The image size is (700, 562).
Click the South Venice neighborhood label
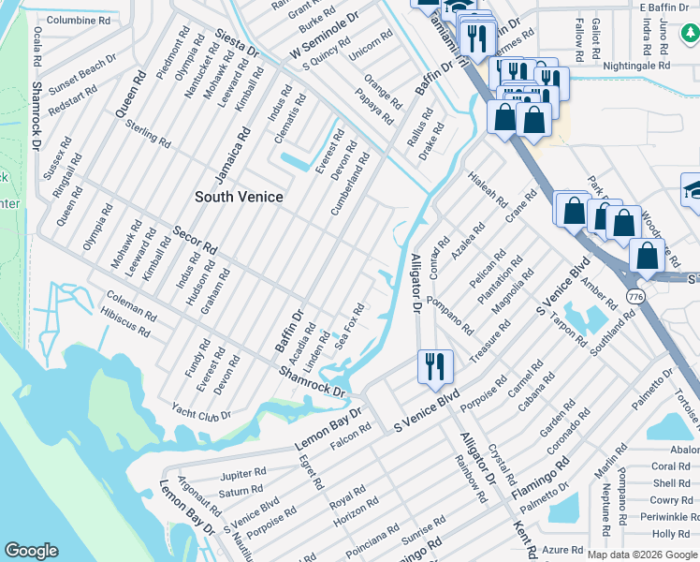pyautogui.click(x=239, y=197)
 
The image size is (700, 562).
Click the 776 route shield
pyautogui.click(x=636, y=296)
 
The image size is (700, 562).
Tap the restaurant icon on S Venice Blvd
pyautogui.click(x=435, y=365)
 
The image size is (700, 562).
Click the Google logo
pyautogui.click(x=31, y=551)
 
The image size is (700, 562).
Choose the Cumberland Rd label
pyautogui.click(x=350, y=185)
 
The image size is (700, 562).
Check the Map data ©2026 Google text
pyautogui.click(x=641, y=554)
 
